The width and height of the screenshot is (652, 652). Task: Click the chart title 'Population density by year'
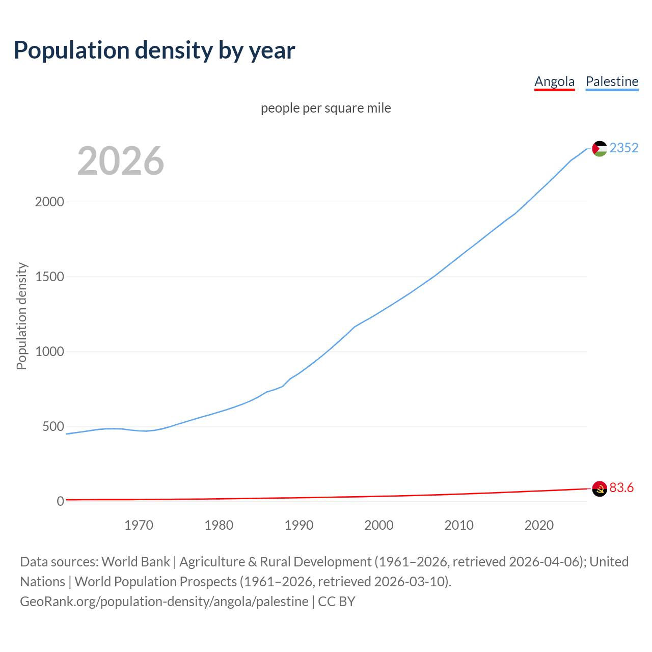[154, 50]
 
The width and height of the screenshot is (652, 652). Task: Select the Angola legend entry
[554, 81]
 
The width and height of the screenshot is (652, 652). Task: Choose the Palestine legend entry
[612, 81]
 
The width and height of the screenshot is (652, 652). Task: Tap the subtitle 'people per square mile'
[325, 108]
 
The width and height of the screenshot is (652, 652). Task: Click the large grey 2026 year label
[121, 161]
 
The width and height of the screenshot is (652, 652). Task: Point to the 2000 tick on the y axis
[49, 202]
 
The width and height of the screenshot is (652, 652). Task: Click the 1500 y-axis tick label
[49, 277]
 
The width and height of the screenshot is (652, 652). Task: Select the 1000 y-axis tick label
[49, 351]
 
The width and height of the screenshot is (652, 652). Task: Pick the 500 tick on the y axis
[53, 426]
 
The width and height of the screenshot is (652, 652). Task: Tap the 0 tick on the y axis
[61, 501]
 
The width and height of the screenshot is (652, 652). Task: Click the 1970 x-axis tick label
[139, 525]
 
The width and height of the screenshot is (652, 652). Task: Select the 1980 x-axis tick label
[219, 525]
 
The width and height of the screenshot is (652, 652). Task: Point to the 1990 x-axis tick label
[298, 525]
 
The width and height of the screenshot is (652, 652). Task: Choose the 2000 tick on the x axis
[378, 525]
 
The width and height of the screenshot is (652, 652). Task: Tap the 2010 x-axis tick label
[458, 525]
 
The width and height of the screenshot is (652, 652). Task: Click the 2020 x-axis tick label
[539, 525]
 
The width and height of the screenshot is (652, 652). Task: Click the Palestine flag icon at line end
[600, 148]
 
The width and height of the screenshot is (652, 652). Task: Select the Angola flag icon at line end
[600, 488]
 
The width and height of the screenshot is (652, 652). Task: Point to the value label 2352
[623, 148]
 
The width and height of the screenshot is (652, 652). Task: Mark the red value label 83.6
[621, 487]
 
